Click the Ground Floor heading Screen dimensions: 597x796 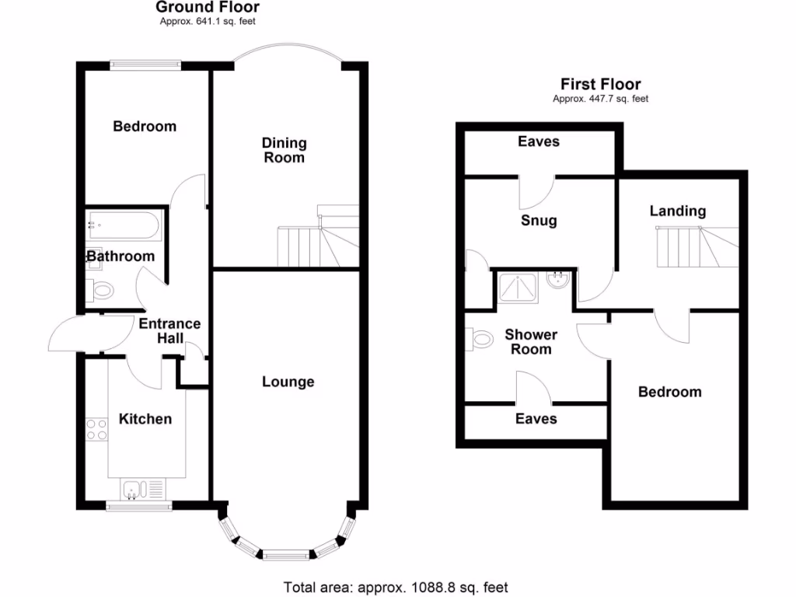pos(208,8)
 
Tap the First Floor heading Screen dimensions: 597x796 pos(601,84)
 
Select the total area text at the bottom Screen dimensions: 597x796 pos(396,588)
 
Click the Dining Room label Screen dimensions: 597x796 pos(284,150)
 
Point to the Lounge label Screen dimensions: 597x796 pos(288,382)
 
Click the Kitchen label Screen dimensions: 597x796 pos(145,419)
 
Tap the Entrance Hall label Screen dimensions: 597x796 pos(169,330)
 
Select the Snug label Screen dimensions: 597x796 pos(539,221)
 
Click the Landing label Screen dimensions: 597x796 pos(678,211)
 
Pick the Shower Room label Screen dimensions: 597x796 pos(531,342)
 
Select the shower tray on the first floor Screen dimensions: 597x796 pos(518,288)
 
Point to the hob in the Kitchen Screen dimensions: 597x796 pos(97,429)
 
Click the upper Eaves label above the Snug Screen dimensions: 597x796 pos(539,141)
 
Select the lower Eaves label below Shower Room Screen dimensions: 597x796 pos(536,418)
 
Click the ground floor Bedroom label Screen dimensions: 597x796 pos(145,126)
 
